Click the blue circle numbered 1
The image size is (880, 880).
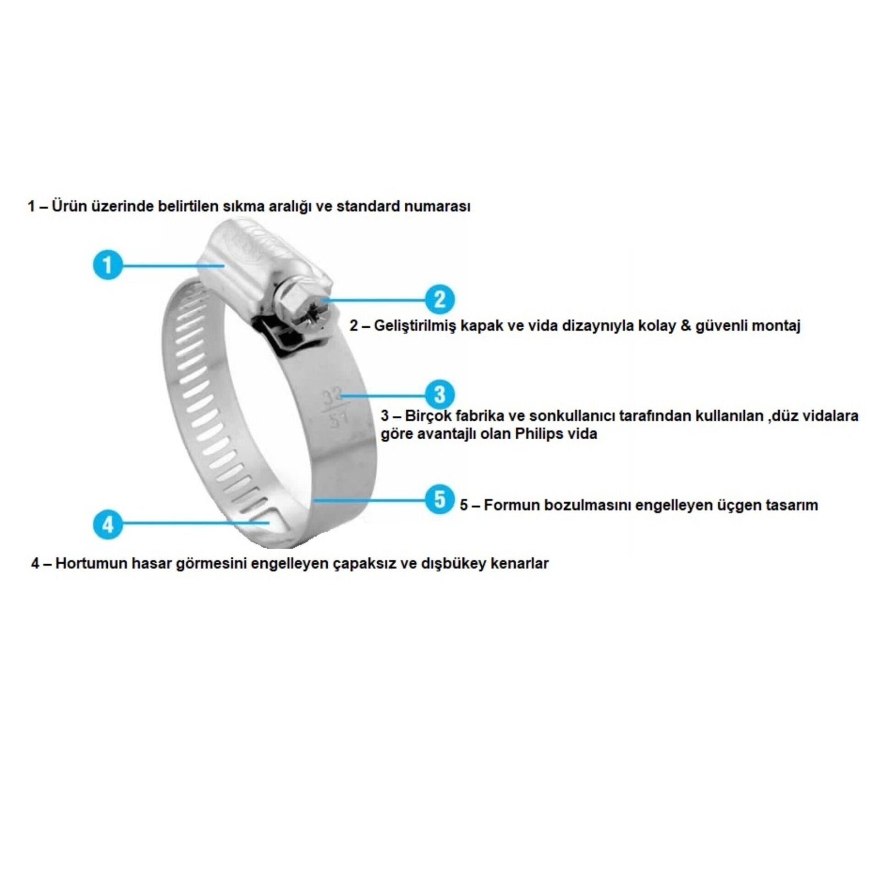pos(108,265)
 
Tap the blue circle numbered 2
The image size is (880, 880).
pos(440,299)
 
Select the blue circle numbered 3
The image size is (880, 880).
pos(440,394)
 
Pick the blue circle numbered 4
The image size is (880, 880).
pos(108,524)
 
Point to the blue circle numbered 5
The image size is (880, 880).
pos(440,500)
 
